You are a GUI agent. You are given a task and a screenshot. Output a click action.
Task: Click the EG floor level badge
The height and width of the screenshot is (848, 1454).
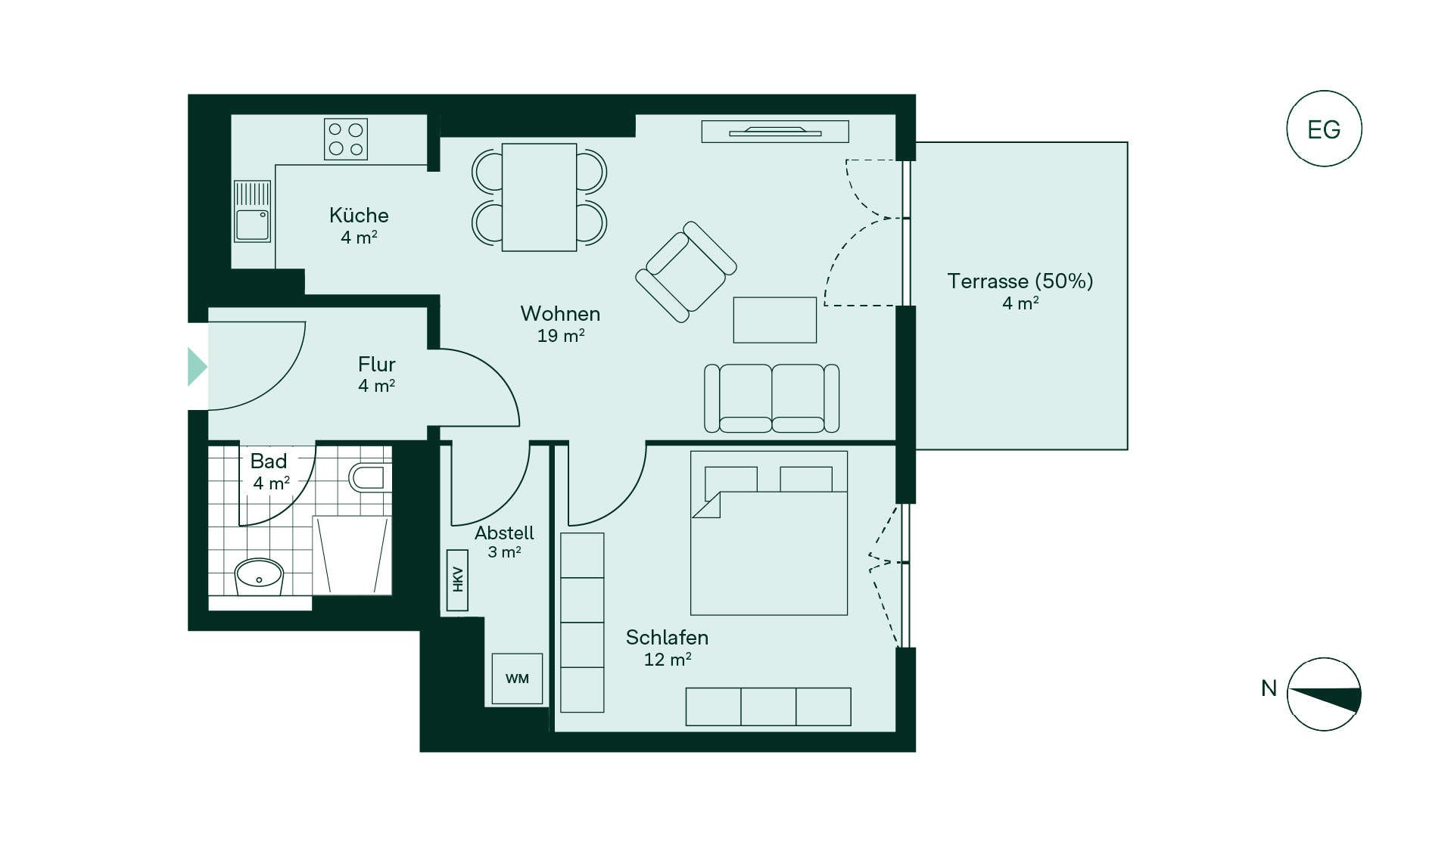click(x=1324, y=129)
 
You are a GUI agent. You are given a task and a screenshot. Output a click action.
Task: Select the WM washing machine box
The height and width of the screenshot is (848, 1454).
click(x=517, y=679)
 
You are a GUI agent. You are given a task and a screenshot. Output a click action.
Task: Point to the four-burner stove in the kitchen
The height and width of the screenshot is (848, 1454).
click(x=346, y=139)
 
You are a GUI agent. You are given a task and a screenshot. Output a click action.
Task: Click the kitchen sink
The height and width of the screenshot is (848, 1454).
click(x=252, y=211)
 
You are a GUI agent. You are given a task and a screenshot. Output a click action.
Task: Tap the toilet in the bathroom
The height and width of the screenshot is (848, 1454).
click(x=370, y=477)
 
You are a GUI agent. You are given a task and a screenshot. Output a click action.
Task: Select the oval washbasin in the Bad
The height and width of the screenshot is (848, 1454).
click(x=259, y=577)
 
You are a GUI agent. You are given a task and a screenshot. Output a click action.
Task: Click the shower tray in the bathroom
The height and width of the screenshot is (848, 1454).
click(x=352, y=555)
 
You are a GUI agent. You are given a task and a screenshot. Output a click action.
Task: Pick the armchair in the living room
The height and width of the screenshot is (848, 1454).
click(x=686, y=272)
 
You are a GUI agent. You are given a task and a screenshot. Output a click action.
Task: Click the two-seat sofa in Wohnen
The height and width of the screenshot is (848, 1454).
click(x=771, y=398)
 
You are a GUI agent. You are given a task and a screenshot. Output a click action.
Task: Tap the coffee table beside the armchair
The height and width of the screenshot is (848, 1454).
click(x=775, y=320)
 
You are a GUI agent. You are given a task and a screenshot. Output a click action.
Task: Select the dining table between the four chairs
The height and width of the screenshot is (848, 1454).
click(x=540, y=197)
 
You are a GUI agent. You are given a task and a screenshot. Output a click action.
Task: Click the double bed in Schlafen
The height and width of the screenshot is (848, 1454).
click(x=769, y=533)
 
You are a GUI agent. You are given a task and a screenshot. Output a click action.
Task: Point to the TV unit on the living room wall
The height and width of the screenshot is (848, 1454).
click(x=775, y=132)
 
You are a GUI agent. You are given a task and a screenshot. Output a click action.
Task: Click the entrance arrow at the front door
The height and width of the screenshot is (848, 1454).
click(x=197, y=367)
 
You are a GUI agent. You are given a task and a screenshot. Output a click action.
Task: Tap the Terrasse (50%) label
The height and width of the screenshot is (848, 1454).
click(x=1020, y=281)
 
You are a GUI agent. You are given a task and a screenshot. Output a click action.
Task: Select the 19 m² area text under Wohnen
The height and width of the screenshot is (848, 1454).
click(x=561, y=335)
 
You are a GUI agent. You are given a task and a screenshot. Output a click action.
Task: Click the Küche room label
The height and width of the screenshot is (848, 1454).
click(x=359, y=215)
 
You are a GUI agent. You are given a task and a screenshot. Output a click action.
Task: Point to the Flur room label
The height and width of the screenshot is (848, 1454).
click(x=377, y=364)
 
